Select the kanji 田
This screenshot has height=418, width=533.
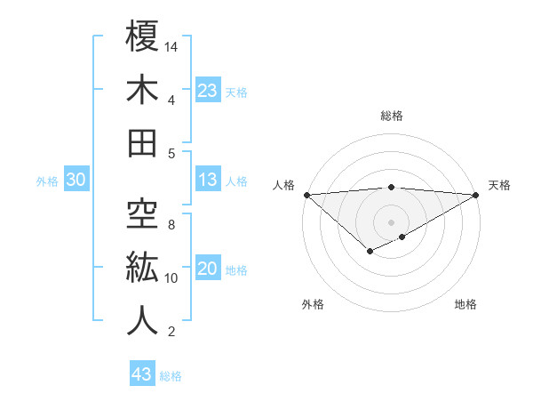point(142,143)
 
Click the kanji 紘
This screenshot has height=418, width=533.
point(142,268)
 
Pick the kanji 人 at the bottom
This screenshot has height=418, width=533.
point(142,321)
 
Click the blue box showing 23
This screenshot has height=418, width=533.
point(208,91)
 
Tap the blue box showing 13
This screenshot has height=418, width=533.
point(208,181)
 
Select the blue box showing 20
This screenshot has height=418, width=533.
point(208,269)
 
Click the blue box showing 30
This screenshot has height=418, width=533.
point(76,181)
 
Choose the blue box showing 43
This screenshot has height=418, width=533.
point(142,374)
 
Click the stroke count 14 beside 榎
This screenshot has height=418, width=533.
point(172,46)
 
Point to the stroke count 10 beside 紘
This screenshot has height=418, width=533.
point(172,278)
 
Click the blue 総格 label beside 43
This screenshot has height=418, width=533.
point(171,376)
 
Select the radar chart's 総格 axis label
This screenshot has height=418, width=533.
point(391,116)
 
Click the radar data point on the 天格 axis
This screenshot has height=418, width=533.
point(476,195)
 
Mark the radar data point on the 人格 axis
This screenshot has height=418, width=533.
point(306,195)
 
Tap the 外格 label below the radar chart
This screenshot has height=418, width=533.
point(313,305)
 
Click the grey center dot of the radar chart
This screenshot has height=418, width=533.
point(391,221)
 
